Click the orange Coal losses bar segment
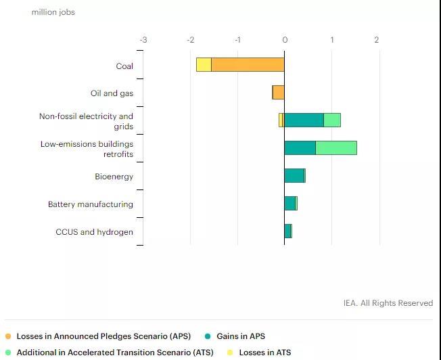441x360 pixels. click(x=248, y=65)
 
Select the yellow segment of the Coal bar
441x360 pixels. click(x=204, y=65)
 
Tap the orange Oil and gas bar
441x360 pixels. click(x=279, y=93)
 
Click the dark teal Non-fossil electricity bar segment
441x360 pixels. click(x=304, y=120)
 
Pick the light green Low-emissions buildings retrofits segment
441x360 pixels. click(x=336, y=148)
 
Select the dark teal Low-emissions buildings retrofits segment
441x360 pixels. click(x=300, y=148)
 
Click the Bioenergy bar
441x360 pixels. click(x=294, y=176)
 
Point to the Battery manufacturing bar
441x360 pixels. click(x=290, y=203)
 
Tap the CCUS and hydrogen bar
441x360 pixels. click(x=287, y=231)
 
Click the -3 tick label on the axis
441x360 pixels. click(x=143, y=40)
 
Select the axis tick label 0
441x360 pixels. click(x=285, y=40)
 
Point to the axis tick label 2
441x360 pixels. click(x=377, y=40)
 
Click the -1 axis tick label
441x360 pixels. click(x=237, y=40)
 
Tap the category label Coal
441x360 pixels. click(x=124, y=66)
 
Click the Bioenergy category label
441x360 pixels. click(x=114, y=177)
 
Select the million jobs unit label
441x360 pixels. click(x=53, y=12)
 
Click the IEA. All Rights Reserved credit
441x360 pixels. click(x=388, y=303)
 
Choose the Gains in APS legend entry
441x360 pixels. click(x=240, y=336)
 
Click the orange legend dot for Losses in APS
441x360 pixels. click(x=7, y=336)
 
